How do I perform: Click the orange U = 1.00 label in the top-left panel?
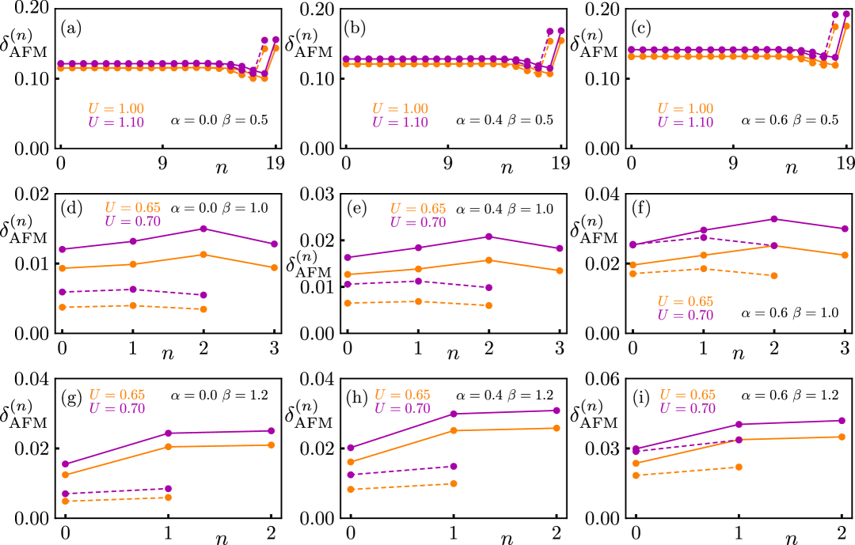coord(116,109)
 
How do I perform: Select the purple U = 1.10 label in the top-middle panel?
coord(401,123)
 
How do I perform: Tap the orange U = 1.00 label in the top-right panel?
coord(686,109)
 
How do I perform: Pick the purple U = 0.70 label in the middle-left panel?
coord(133,221)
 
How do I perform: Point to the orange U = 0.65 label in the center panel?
coord(418,209)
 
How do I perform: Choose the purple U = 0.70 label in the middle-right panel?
coord(686,316)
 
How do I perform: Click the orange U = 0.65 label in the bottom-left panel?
coord(117,396)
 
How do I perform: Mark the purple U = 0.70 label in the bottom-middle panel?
coord(402,409)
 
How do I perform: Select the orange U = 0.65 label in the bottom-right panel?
coord(687,396)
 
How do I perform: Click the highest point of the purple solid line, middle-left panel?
coord(203,229)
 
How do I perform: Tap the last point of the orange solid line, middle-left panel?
coord(274,267)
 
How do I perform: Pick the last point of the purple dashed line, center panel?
coord(488,287)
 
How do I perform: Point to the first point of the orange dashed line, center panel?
coord(348,303)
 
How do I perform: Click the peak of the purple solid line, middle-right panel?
coord(773,219)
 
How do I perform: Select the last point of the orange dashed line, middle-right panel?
coord(773,275)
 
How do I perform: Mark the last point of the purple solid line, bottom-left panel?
coord(271,431)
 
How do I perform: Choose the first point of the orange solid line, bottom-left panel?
coord(66,475)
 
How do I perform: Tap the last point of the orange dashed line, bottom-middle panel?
coord(453,483)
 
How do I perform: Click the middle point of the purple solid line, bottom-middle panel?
coord(454,414)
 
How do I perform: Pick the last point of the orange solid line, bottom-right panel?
coord(842,437)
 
